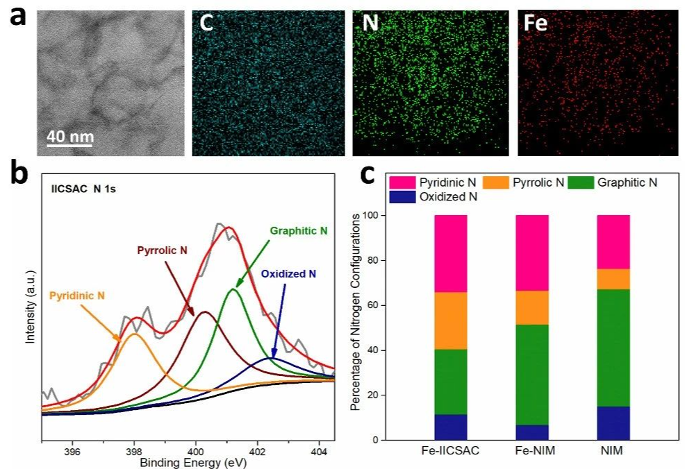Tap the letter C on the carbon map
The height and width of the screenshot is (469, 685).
coord(206,23)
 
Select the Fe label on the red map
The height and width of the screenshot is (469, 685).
coord(536,24)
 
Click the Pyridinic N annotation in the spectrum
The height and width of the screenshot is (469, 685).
coord(77,296)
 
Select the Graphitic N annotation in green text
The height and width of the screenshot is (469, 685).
coord(298,229)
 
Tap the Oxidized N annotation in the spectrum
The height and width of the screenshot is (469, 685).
coord(293,273)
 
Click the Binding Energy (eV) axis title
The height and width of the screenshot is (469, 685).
coord(188,462)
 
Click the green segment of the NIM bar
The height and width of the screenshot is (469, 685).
coord(613,348)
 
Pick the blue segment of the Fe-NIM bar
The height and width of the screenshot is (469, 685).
coord(531,432)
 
